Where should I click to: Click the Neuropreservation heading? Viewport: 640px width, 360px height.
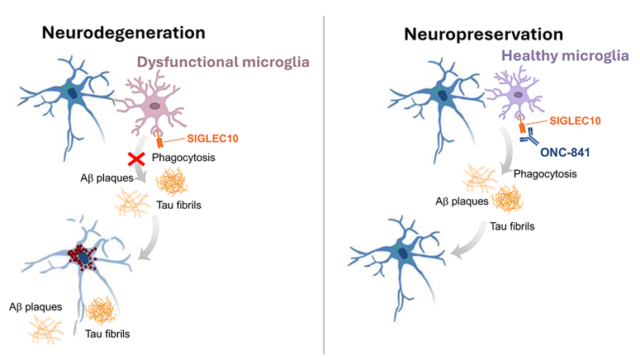point(483,34)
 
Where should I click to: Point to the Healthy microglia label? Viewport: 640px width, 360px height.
point(565,58)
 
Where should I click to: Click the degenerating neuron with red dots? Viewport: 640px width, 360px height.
point(85,258)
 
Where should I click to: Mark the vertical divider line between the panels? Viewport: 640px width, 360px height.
point(324,182)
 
